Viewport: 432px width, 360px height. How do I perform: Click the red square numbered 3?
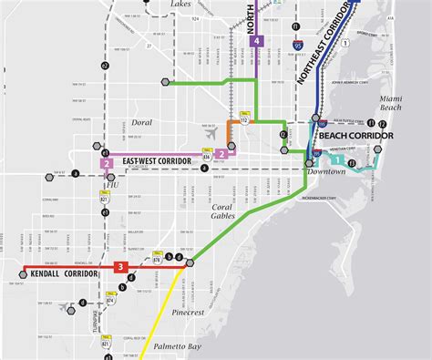[x=119, y=267]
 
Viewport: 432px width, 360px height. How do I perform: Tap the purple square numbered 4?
[x=258, y=41]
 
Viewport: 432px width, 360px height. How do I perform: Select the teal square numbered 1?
[x=338, y=160]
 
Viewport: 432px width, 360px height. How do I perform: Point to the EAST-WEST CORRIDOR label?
[x=160, y=161]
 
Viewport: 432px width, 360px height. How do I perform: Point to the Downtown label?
[x=325, y=171]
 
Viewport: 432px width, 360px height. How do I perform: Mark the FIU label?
[x=112, y=184]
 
